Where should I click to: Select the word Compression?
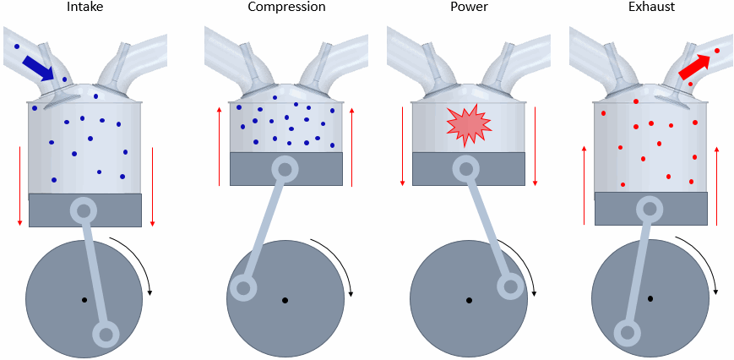(285, 8)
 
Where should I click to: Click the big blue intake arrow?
(39, 68)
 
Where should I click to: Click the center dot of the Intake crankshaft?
(84, 299)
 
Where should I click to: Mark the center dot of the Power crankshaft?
(469, 300)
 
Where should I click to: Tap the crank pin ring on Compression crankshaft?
(244, 289)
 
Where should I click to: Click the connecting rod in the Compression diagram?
(264, 229)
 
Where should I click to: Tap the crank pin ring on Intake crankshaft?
(106, 335)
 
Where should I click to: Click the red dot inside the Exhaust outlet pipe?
(717, 52)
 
